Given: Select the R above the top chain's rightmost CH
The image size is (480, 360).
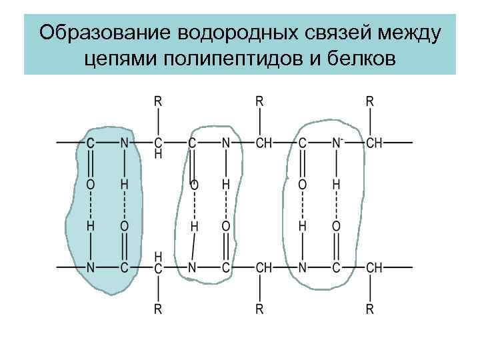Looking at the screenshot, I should tap(369, 101).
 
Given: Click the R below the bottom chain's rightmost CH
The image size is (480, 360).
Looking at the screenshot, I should tap(369, 309).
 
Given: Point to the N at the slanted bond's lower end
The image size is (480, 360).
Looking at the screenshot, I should tap(191, 267).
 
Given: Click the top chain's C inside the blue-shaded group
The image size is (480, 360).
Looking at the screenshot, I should tap(90, 143).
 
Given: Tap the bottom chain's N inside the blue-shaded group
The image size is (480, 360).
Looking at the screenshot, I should tap(90, 267).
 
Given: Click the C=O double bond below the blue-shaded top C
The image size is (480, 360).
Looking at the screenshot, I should tap(90, 163).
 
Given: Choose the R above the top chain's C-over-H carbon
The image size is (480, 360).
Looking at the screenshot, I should tap(158, 101).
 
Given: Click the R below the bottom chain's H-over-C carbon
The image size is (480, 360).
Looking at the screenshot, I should tap(158, 309).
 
